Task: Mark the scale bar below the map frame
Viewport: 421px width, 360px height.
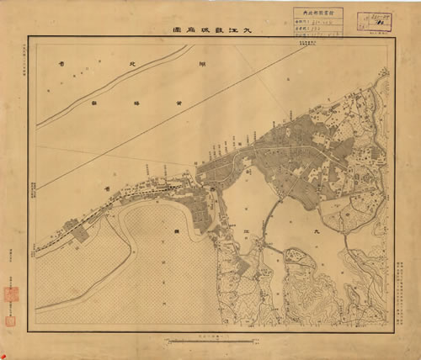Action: [199, 340]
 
